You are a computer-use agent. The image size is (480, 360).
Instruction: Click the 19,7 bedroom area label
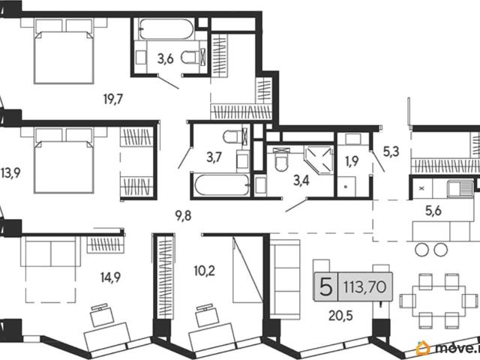click(x=113, y=99)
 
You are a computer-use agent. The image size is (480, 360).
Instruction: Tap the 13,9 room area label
click(x=10, y=173)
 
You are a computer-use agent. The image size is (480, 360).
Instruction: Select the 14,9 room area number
click(x=110, y=277)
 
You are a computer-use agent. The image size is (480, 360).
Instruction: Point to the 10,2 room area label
click(x=205, y=271)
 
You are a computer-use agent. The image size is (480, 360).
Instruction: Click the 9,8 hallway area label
click(x=183, y=216)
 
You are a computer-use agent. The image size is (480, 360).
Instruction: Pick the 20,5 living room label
click(x=340, y=315)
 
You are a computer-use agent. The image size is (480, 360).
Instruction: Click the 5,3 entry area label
click(x=391, y=151)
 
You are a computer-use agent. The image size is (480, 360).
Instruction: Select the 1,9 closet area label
click(x=352, y=161)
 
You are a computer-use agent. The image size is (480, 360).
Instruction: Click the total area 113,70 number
click(x=365, y=287)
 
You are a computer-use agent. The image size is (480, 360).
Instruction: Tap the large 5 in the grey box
click(x=325, y=286)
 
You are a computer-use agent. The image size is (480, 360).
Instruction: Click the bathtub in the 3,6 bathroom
click(x=166, y=28)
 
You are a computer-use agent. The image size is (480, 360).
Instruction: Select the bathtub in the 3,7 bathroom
click(x=223, y=185)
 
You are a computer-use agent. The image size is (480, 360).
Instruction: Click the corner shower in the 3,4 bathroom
click(x=318, y=160)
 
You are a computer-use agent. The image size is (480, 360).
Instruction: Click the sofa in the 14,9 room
click(x=51, y=253)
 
